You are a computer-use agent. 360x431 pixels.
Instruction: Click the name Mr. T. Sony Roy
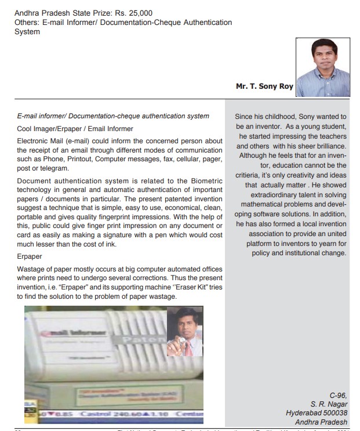click(264, 86)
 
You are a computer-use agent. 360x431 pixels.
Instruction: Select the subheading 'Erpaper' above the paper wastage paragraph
click(29, 256)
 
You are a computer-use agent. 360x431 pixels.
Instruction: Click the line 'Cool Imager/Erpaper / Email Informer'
click(75, 129)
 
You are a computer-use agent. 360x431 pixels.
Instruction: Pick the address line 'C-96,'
click(338, 394)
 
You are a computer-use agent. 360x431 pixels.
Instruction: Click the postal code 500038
click(333, 412)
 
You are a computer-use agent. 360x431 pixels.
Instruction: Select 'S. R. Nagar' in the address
click(329, 404)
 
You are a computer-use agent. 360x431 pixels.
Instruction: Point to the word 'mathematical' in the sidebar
click(266, 205)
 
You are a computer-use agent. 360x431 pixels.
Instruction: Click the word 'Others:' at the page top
click(27, 22)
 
